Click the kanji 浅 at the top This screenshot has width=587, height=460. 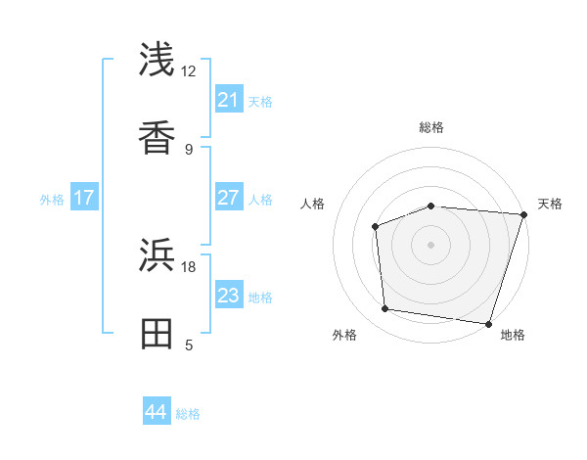158,60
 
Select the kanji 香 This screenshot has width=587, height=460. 158,138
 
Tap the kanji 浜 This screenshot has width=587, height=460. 158,255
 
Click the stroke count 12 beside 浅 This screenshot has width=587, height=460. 188,71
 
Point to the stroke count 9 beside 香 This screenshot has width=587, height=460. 188,150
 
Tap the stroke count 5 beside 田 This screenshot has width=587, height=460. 188,345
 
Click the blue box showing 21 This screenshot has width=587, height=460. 229,100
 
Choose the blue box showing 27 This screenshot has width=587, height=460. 229,198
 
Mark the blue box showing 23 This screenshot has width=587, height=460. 229,296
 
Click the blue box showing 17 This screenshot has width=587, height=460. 84,198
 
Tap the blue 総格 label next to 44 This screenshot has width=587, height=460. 188,414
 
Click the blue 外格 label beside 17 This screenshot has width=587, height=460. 52,200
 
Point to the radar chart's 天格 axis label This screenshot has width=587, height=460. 550,204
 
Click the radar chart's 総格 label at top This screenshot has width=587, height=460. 431,127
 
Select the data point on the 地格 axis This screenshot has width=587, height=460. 488,323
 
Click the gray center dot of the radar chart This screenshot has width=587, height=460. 431,244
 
